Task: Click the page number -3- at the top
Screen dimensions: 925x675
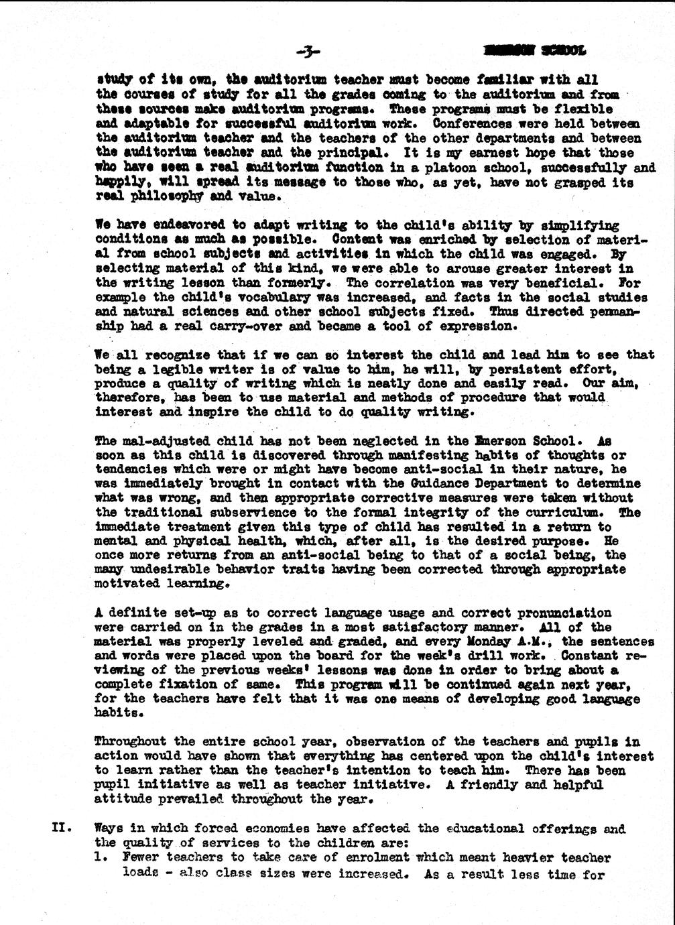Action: coord(308,51)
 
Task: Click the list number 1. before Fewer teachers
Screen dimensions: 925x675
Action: coord(102,857)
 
